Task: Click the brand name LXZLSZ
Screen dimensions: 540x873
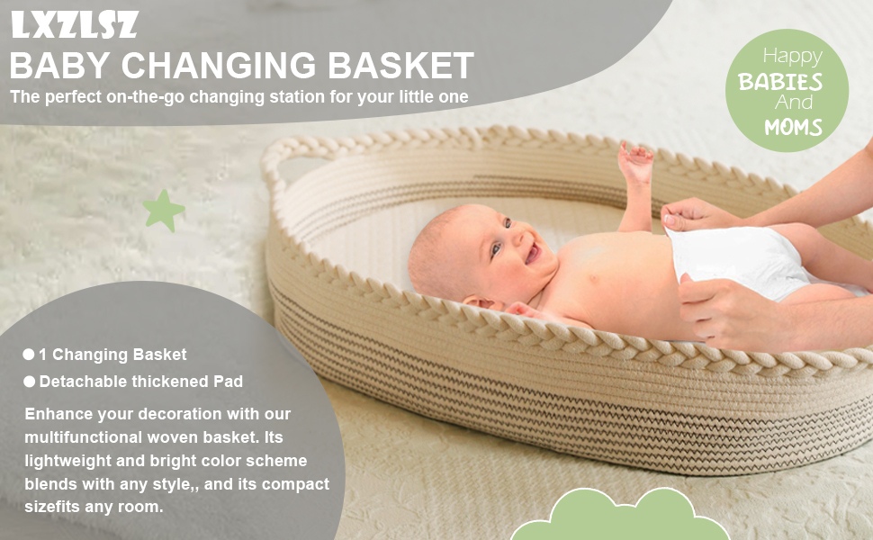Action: click(75, 25)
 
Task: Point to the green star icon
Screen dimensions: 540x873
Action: click(164, 211)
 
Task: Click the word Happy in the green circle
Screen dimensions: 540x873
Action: click(792, 56)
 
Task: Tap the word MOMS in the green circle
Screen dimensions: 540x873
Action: click(793, 127)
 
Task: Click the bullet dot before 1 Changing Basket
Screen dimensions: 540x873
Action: click(29, 355)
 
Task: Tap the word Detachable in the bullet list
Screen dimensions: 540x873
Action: click(84, 382)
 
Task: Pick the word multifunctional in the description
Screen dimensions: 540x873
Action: click(81, 437)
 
